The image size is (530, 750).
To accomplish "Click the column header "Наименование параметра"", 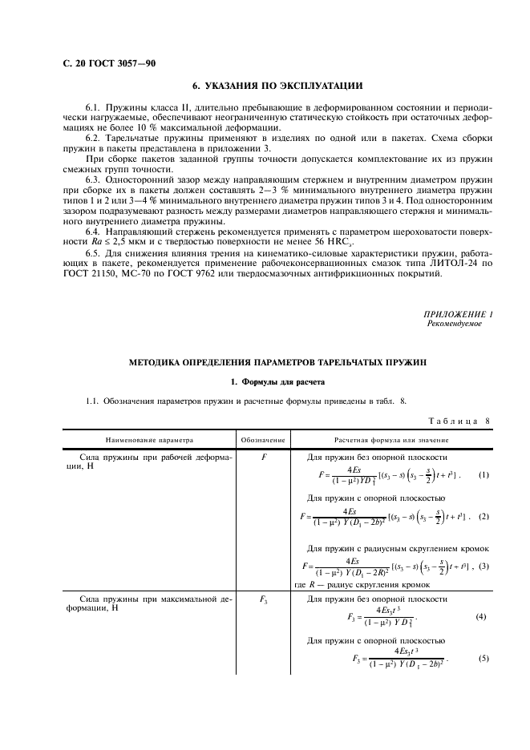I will tap(148, 440).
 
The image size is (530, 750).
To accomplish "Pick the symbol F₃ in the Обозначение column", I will tap(263, 599).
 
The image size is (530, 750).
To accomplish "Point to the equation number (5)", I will tap(483, 659).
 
